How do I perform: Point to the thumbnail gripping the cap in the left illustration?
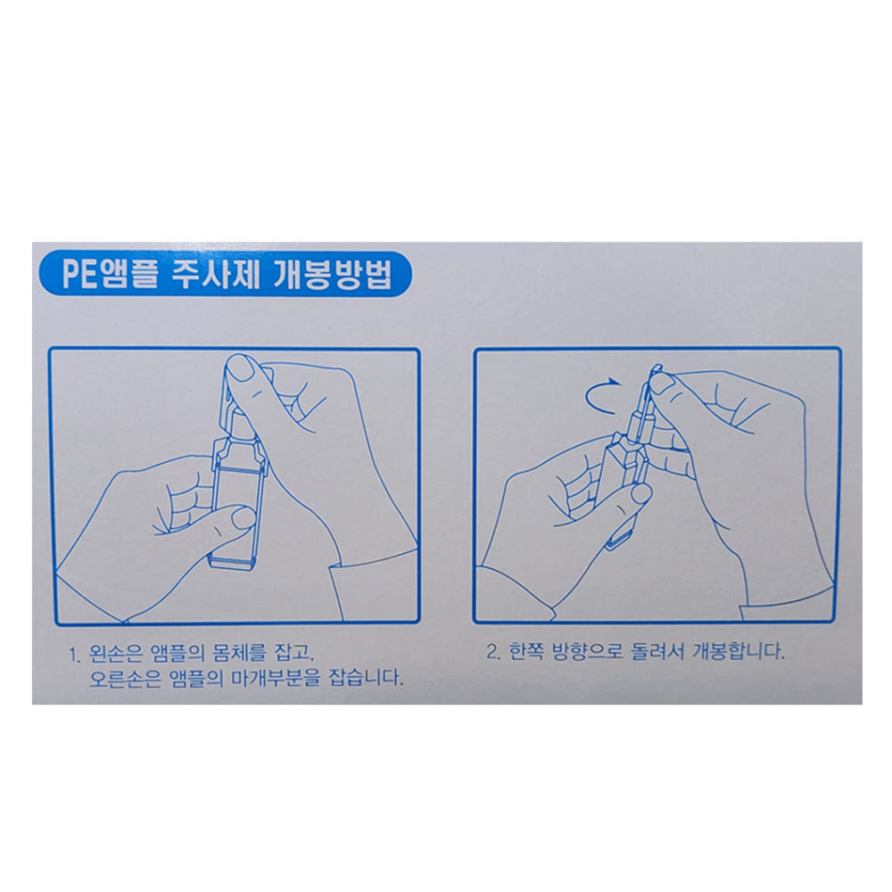[239, 368]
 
